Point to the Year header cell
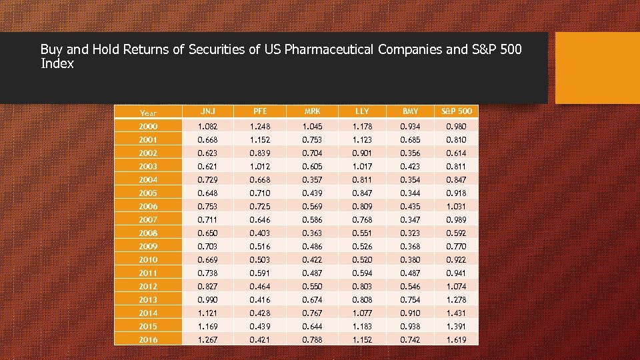point(149,113)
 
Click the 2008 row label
point(149,233)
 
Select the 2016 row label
point(149,340)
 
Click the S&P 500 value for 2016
point(457,340)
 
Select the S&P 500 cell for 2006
point(457,207)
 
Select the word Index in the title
point(57,64)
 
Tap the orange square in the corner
point(597,68)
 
